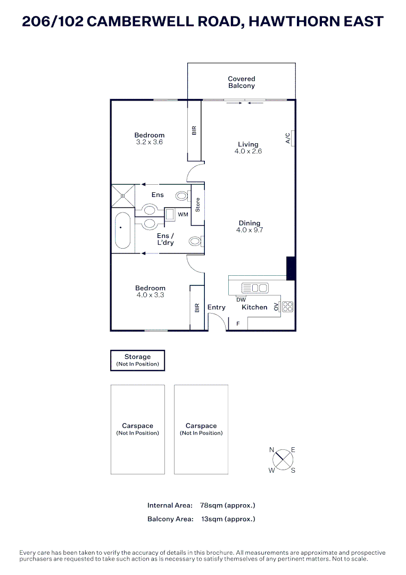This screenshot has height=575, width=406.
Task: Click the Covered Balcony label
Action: pyautogui.click(x=241, y=82)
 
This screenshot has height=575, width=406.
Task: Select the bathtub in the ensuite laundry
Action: pyautogui.click(x=122, y=230)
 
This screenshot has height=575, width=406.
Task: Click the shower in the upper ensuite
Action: pyautogui.click(x=122, y=195)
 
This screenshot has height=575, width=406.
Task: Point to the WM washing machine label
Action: pyautogui.click(x=183, y=215)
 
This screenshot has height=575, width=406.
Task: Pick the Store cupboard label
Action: pyautogui.click(x=197, y=206)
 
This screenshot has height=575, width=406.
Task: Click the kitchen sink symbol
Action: pyautogui.click(x=255, y=288)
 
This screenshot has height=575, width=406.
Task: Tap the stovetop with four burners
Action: pyautogui.click(x=287, y=307)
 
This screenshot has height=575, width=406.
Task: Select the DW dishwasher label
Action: pyautogui.click(x=241, y=300)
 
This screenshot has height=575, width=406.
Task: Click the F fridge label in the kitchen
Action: pyautogui.click(x=238, y=323)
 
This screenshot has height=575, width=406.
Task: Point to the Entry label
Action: pyautogui.click(x=217, y=307)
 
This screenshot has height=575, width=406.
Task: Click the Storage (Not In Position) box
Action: pyautogui.click(x=137, y=360)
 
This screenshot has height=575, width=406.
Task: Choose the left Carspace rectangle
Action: pyautogui.click(x=137, y=429)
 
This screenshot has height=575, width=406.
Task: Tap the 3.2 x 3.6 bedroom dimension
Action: pyautogui.click(x=150, y=142)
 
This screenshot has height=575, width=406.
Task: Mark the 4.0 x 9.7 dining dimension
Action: pyautogui.click(x=250, y=231)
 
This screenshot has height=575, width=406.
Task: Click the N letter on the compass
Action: pyautogui.click(x=271, y=450)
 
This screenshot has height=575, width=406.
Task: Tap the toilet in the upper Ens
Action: pyautogui.click(x=182, y=196)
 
